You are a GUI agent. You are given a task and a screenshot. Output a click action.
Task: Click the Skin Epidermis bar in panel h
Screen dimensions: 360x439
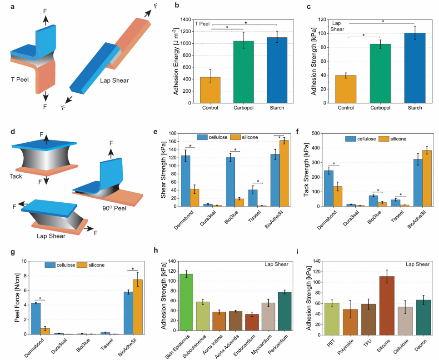(x=186, y=304)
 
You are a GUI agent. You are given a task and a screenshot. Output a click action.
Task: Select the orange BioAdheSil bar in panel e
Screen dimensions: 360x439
(x=284, y=173)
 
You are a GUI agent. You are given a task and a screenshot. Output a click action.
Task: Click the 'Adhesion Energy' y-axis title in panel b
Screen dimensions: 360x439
(x=176, y=61)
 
